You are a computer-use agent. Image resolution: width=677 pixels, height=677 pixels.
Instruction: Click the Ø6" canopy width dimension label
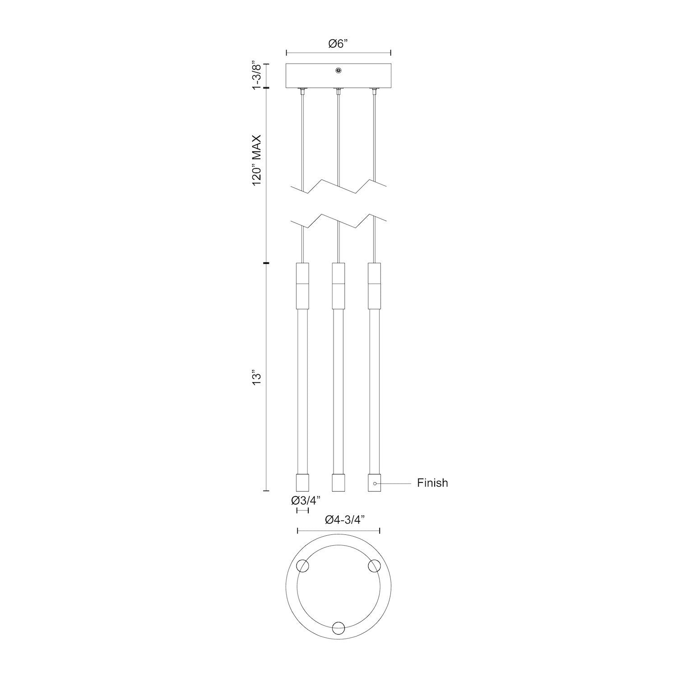click(x=338, y=44)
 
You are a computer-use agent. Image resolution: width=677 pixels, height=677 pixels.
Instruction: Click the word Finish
click(x=432, y=483)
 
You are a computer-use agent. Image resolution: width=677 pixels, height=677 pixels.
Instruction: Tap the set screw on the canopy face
click(x=338, y=70)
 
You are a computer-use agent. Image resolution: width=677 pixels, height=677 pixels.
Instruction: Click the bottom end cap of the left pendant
click(x=302, y=482)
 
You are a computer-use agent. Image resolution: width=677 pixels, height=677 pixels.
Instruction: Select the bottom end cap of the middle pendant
click(x=338, y=482)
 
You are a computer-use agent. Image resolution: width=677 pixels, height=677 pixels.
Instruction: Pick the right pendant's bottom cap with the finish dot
click(x=374, y=482)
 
